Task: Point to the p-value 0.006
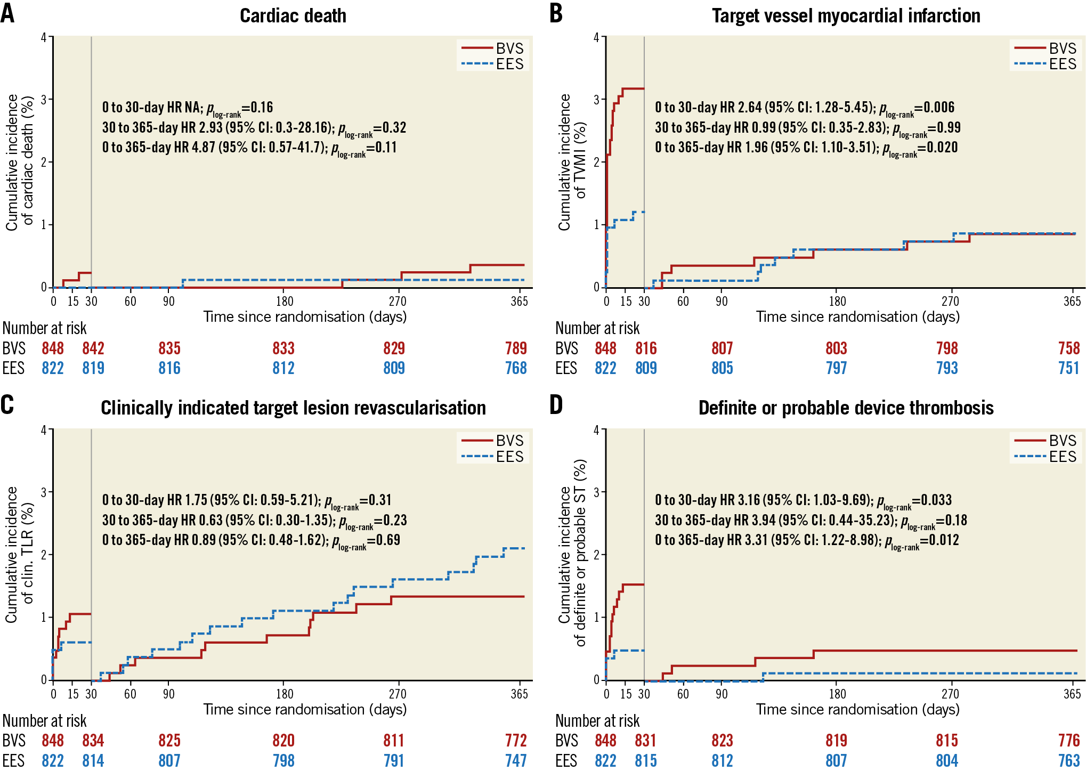[939, 107]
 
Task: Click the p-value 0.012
[944, 540]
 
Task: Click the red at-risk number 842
[93, 348]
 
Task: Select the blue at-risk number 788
[516, 368]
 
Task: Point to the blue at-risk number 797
[836, 368]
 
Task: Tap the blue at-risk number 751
[1069, 368]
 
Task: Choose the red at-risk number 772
[516, 741]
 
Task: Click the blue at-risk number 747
[516, 760]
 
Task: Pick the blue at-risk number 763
[1069, 760]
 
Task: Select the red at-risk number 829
[394, 348]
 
